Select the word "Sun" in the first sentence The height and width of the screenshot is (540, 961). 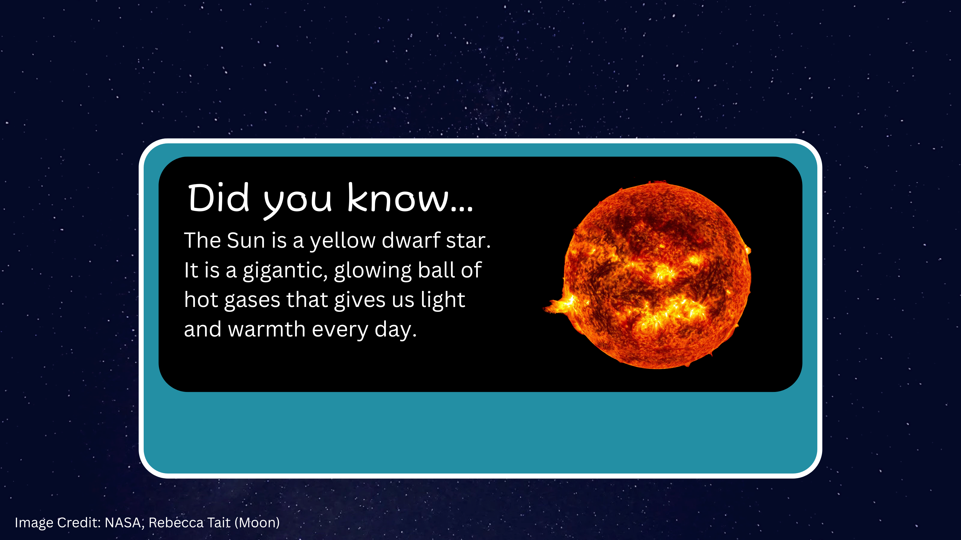coord(246,240)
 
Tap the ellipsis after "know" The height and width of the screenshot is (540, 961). coord(462,209)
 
